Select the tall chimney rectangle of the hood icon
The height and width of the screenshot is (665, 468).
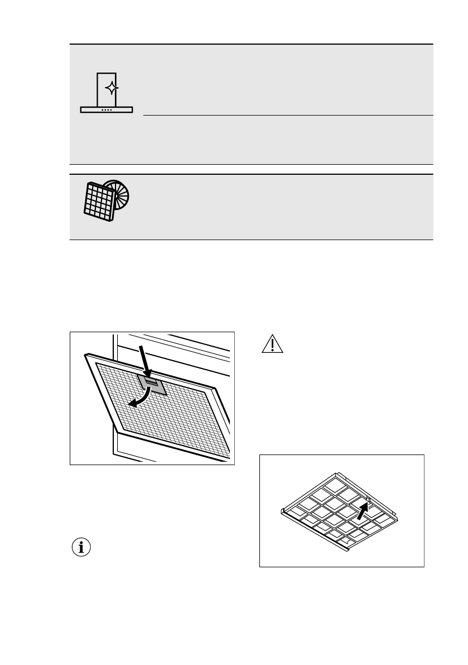point(107,89)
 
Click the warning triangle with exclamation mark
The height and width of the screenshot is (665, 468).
point(273,346)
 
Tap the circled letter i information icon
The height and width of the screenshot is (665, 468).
point(82,548)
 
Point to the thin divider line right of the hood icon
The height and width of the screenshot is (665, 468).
point(288,116)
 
